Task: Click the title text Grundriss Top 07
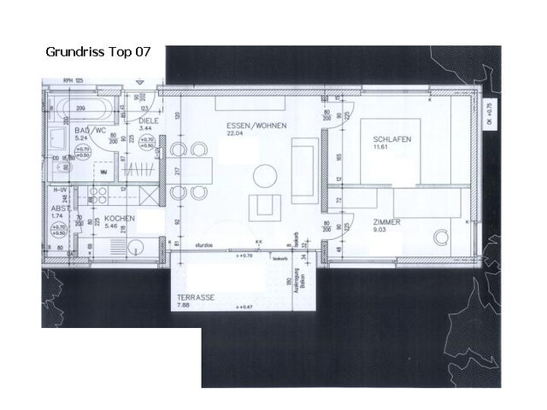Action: click(97, 52)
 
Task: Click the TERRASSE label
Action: click(197, 298)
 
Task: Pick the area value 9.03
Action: click(380, 230)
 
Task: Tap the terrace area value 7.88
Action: click(183, 307)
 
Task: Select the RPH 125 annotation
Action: click(74, 81)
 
